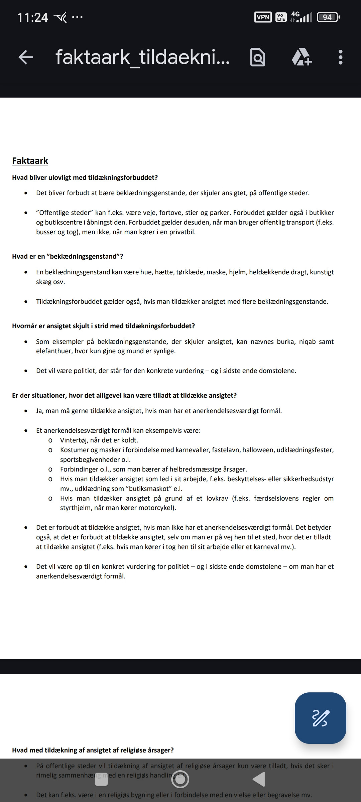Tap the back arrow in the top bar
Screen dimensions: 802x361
26,57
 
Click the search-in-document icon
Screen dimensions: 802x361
258,57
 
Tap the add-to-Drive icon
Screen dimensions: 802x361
302,57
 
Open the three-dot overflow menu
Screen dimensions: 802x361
340,57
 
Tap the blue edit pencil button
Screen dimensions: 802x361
320,718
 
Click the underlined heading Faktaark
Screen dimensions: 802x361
30,161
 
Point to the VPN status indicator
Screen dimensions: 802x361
263,17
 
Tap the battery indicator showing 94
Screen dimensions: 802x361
328,17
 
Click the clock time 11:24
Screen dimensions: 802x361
32,17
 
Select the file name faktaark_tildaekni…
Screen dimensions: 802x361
142,57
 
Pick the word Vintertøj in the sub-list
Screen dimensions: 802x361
74,440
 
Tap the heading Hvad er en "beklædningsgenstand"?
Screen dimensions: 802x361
68,256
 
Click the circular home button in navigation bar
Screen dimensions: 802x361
180,779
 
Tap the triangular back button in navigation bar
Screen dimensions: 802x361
259,779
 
